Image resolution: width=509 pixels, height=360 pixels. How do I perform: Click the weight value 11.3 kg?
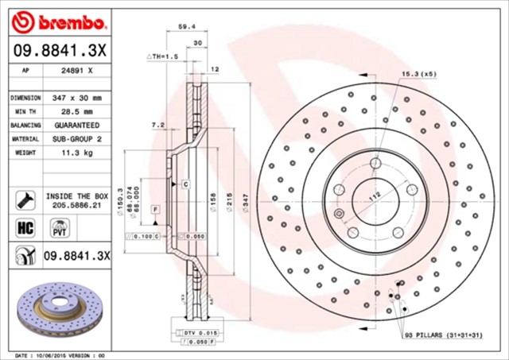pyautogui.click(x=76, y=152)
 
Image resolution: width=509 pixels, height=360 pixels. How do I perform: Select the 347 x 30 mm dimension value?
pyautogui.click(x=76, y=98)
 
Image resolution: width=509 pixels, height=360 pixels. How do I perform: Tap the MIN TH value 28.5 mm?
pyautogui.click(x=76, y=111)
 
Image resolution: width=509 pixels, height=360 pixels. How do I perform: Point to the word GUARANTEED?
pyautogui.click(x=76, y=125)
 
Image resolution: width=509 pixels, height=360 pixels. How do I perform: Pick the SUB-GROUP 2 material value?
pyautogui.click(x=76, y=138)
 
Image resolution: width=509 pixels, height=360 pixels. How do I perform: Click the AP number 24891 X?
pyautogui.click(x=76, y=70)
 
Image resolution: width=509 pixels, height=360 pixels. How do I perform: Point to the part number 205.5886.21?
pyautogui.click(x=77, y=204)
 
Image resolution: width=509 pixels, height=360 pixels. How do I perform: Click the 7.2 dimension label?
pyautogui.click(x=157, y=125)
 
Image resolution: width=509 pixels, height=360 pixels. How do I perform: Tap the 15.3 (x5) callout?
pyautogui.click(x=418, y=74)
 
